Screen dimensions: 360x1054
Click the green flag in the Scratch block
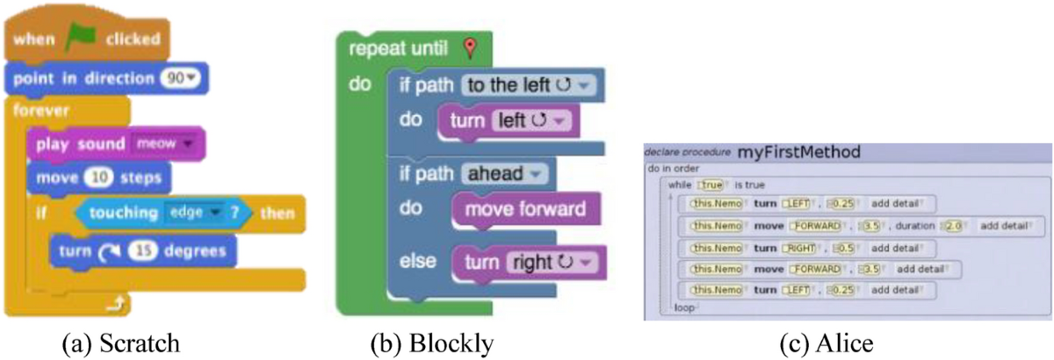(83, 39)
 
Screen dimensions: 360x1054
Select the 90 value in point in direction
(179, 78)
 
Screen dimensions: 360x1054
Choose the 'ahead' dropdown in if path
(504, 174)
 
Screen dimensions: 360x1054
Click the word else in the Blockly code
(417, 261)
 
